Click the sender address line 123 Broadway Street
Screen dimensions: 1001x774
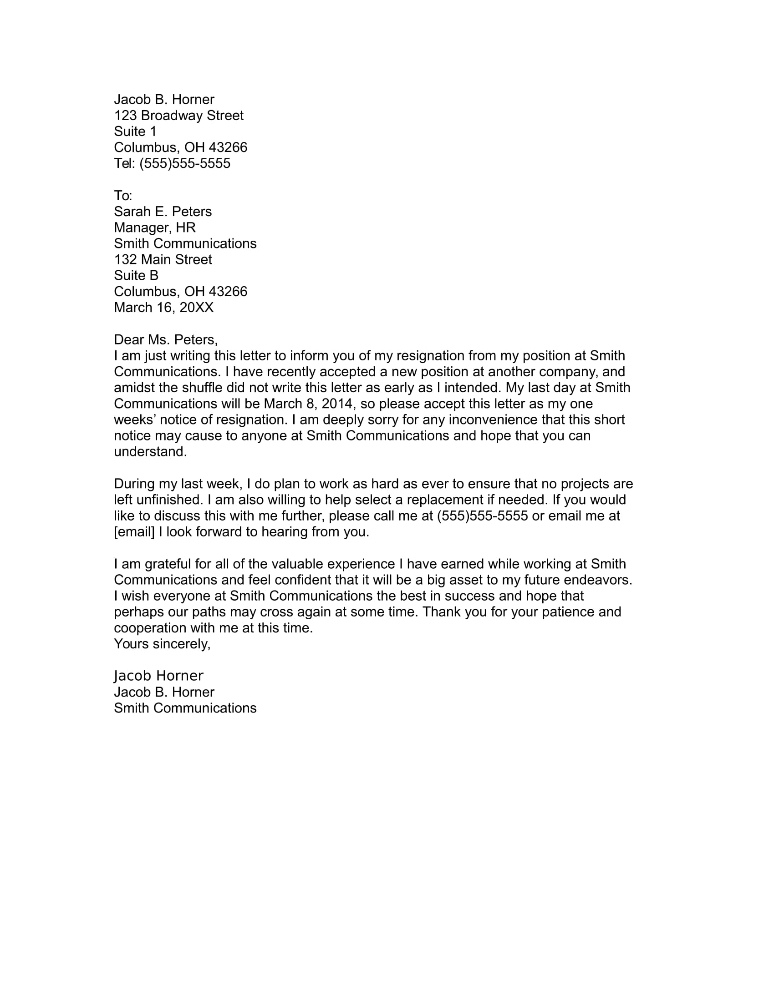click(178, 116)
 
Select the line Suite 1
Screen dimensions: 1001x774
click(135, 131)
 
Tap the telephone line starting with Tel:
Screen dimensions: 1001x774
click(172, 164)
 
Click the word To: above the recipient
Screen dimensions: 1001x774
click(123, 196)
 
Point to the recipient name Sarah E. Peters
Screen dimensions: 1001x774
click(163, 212)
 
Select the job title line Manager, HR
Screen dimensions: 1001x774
click(154, 228)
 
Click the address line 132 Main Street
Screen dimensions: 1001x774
click(163, 260)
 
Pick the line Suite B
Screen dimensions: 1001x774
click(136, 275)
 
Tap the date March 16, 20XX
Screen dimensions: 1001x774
click(164, 308)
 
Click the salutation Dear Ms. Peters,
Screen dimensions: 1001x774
click(166, 339)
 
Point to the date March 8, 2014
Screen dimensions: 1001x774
click(310, 404)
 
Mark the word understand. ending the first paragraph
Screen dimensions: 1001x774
click(150, 452)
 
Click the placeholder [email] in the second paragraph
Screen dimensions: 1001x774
click(134, 532)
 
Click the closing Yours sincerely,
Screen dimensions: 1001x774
click(163, 644)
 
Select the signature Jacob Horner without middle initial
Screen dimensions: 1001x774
click(158, 676)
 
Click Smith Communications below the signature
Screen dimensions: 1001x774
click(185, 708)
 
